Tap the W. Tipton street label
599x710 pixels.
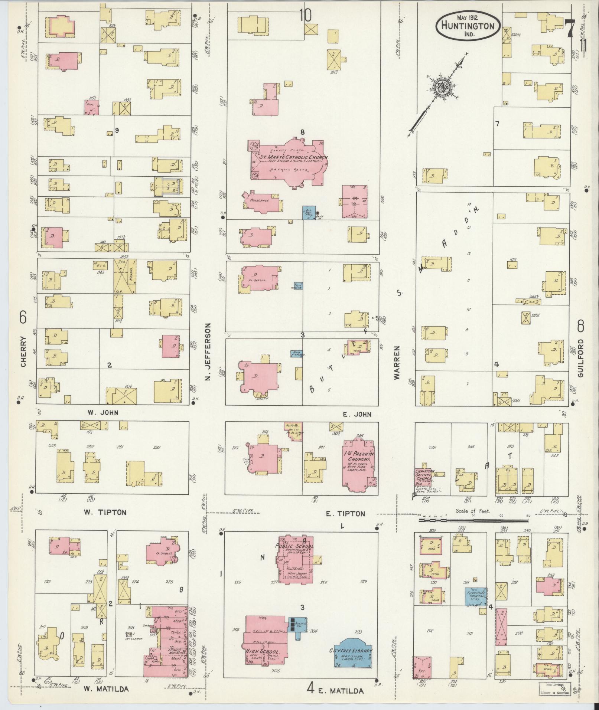pos(105,513)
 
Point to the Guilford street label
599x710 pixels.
pos(580,358)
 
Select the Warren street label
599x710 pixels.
pos(398,363)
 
